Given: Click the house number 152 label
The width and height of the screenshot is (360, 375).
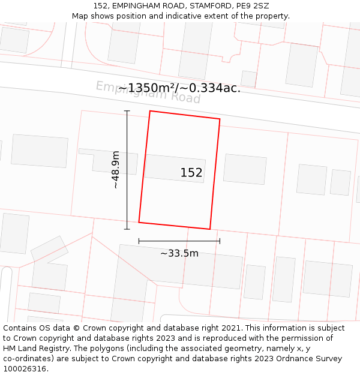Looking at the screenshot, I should coord(191,173).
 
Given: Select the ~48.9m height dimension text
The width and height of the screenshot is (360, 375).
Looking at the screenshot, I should coord(115,170).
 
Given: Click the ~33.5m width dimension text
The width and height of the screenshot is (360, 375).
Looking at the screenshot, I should coord(179,253).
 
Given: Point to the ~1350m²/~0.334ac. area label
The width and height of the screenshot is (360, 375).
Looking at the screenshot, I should coord(179,88).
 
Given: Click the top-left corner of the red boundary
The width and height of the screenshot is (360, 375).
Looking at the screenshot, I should coord(150,111).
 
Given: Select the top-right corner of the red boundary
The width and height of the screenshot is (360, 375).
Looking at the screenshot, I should coord(220,119).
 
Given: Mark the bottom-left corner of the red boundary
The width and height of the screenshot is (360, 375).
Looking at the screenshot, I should coord(139,222).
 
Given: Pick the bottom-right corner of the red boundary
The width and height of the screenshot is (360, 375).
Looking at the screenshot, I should coord(210,229).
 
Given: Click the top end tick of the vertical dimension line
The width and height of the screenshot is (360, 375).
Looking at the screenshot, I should coord(127,111).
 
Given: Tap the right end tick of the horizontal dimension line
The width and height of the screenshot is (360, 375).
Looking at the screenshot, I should coord(220,241).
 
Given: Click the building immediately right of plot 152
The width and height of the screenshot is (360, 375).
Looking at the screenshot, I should coord(245,169).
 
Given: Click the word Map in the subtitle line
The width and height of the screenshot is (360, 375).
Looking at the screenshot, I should coord(80,16).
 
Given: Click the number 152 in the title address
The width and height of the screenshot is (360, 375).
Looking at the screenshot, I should coord(101,6).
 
